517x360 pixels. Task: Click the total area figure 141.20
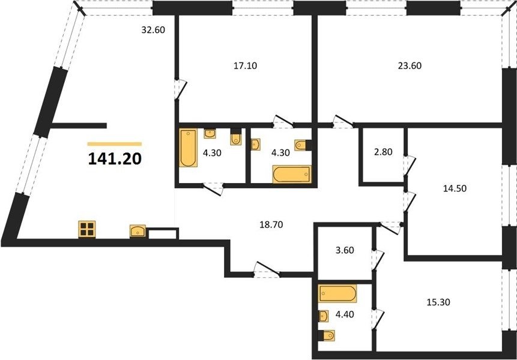[x=115, y=159]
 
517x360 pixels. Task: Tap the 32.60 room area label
[x=153, y=30]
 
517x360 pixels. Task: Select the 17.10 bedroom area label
[x=246, y=66]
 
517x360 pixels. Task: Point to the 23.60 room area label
[x=410, y=66]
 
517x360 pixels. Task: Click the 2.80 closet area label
[x=383, y=152]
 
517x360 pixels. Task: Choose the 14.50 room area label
[x=455, y=188]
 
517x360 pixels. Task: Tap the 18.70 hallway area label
[x=271, y=224]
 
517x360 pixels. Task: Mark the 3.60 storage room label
[x=345, y=250]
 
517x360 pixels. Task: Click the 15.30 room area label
[x=438, y=302]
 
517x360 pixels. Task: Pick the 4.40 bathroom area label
[x=345, y=314]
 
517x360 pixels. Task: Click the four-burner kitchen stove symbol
[x=86, y=229]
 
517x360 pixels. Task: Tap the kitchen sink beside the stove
[x=138, y=231]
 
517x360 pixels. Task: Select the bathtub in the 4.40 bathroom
[x=337, y=293]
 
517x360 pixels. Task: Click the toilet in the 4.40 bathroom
[x=327, y=335]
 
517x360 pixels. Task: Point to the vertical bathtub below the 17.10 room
[x=189, y=148]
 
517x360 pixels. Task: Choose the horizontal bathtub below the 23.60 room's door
[x=292, y=174]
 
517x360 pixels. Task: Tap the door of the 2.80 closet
[x=410, y=165]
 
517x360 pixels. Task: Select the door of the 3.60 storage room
[x=378, y=260]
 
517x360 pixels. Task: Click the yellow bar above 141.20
[x=115, y=144]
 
